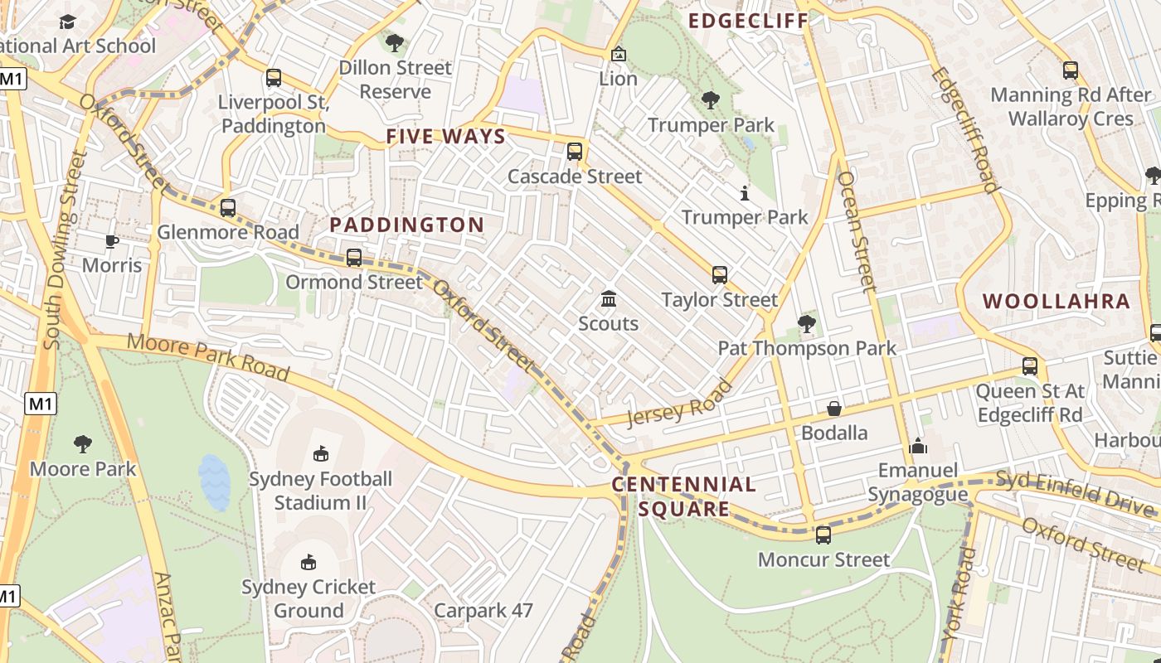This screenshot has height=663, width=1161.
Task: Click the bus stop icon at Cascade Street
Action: tap(574, 152)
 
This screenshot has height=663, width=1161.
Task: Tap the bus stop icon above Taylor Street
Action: tap(720, 275)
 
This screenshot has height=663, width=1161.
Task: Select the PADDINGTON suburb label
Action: tap(406, 225)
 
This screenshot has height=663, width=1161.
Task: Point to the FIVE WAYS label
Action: tap(445, 137)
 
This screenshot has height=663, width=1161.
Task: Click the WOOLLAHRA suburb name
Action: tap(1057, 301)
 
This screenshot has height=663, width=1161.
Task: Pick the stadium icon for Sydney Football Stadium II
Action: tap(321, 453)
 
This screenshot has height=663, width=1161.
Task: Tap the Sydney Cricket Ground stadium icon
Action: tap(308, 562)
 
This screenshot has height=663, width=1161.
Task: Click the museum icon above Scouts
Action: tap(609, 298)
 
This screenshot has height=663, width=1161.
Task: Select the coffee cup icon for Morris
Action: tap(111, 241)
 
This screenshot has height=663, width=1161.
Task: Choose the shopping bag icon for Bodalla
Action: tap(834, 409)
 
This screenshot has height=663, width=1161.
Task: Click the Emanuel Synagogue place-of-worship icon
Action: tap(917, 446)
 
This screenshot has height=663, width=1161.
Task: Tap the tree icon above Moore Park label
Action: tap(82, 444)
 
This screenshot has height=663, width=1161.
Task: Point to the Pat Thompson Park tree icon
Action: tap(806, 323)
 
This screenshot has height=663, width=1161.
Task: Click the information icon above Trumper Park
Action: tap(744, 193)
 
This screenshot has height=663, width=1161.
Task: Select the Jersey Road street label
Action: tap(680, 403)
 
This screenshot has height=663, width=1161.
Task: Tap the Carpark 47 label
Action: tap(483, 611)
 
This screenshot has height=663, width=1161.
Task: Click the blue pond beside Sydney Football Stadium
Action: tap(214, 482)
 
